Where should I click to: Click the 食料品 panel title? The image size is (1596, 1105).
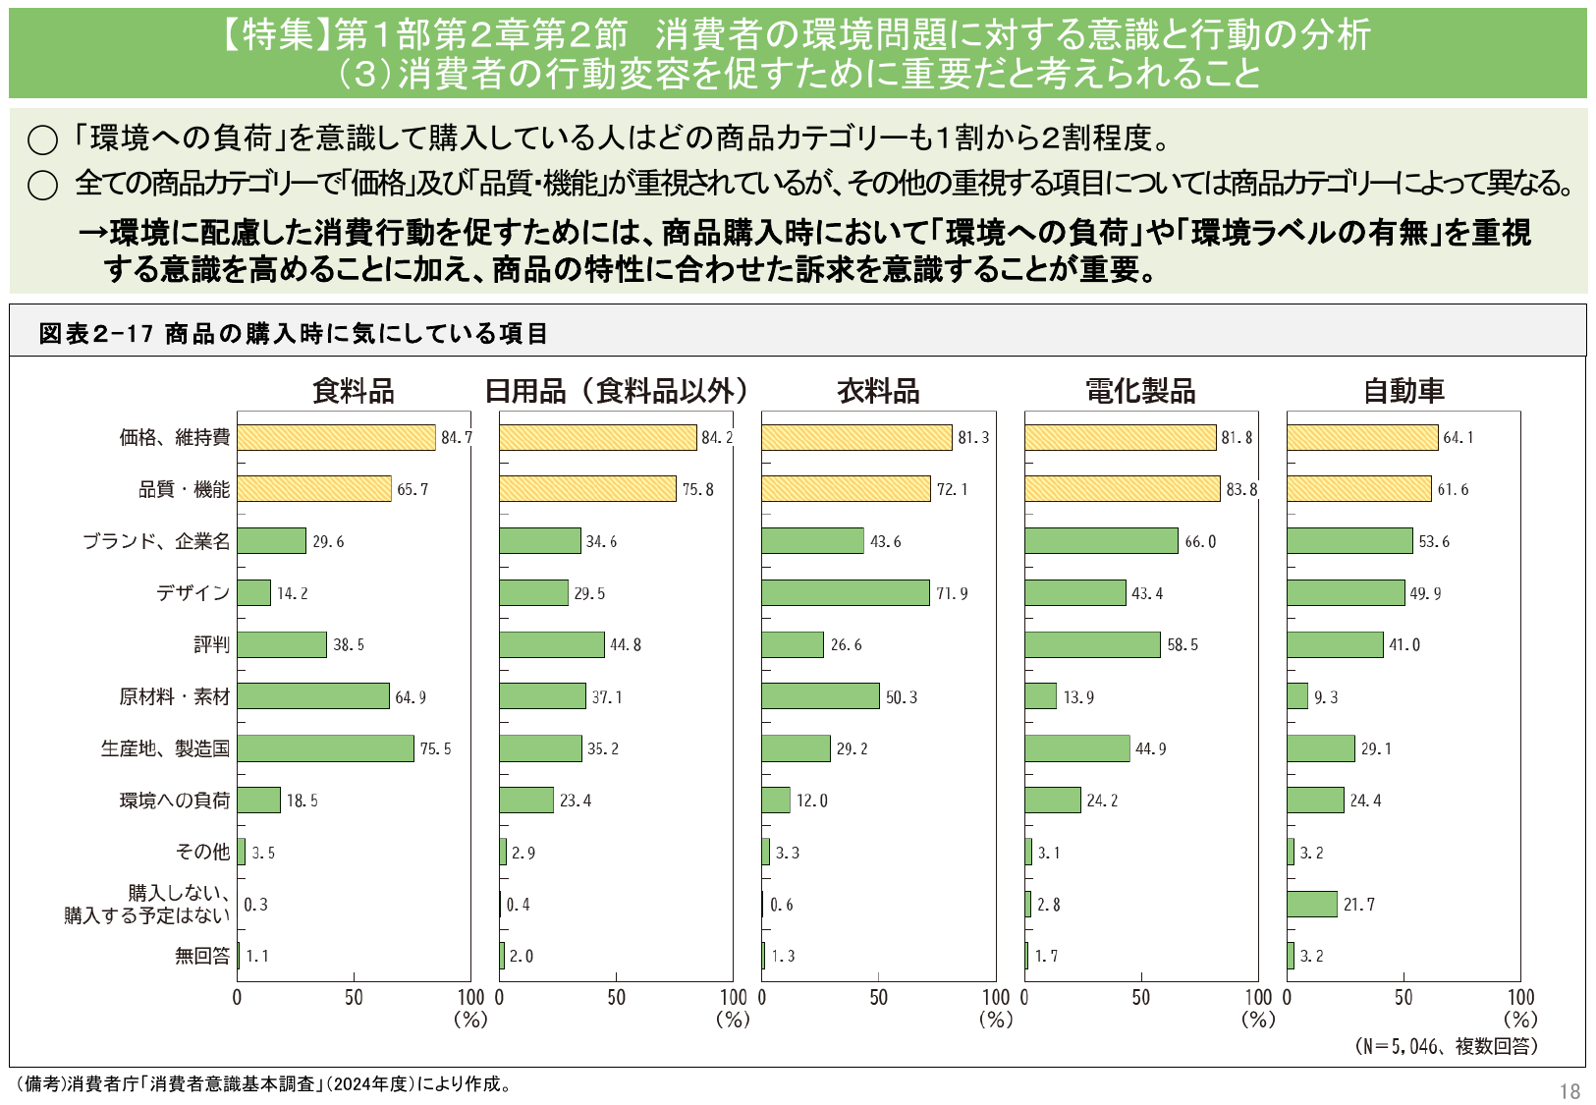click(x=353, y=391)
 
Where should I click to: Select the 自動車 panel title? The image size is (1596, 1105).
click(x=1403, y=391)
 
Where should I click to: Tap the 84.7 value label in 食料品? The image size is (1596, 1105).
click(x=456, y=438)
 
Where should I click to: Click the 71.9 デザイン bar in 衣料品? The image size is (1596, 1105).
click(x=845, y=592)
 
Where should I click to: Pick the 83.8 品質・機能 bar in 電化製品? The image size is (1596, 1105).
click(x=1122, y=488)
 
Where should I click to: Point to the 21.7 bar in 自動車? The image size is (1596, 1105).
click(x=1312, y=904)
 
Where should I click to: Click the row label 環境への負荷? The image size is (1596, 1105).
click(x=175, y=801)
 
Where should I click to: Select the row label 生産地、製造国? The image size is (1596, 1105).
click(x=165, y=748)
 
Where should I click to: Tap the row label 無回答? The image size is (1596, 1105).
click(x=201, y=956)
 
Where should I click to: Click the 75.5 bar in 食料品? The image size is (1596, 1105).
click(x=325, y=748)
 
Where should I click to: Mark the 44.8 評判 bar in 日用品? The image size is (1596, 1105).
click(x=551, y=644)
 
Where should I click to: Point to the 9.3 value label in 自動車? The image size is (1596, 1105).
click(x=1326, y=697)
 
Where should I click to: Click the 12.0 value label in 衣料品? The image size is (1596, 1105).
click(x=811, y=801)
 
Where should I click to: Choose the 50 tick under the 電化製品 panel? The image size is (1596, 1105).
click(x=1140, y=998)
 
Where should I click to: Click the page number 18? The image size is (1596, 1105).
click(x=1568, y=1091)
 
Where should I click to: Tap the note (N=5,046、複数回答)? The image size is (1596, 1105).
click(x=1446, y=1046)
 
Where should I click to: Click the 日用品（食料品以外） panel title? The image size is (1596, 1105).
click(x=616, y=391)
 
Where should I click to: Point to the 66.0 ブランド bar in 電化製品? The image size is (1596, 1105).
click(x=1101, y=540)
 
